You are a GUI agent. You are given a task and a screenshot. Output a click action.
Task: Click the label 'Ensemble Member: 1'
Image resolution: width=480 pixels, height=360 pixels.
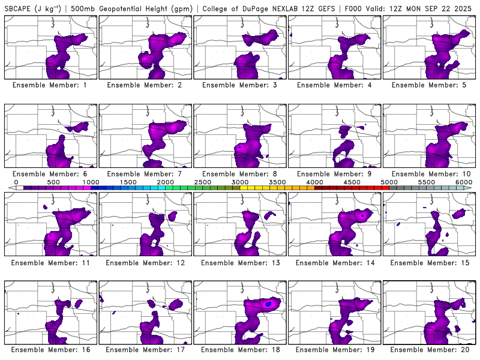click(50, 85)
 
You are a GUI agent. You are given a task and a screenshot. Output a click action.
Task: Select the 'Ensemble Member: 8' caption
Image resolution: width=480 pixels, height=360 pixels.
click(239, 174)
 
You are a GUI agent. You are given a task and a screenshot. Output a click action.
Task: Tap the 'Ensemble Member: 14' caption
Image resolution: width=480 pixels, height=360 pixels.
click(334, 263)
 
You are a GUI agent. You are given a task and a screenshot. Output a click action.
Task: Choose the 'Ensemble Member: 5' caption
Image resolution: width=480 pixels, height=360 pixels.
click(429, 85)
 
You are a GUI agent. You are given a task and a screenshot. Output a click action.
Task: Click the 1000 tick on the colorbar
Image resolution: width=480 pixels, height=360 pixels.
click(91, 182)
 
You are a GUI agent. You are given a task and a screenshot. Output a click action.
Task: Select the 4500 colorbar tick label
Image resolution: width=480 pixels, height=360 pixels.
click(352, 182)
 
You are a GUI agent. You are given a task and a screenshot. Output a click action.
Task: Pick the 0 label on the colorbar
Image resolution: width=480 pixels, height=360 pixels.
click(16, 182)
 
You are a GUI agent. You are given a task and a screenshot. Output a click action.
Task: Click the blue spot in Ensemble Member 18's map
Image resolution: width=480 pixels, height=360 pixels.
click(269, 304)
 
